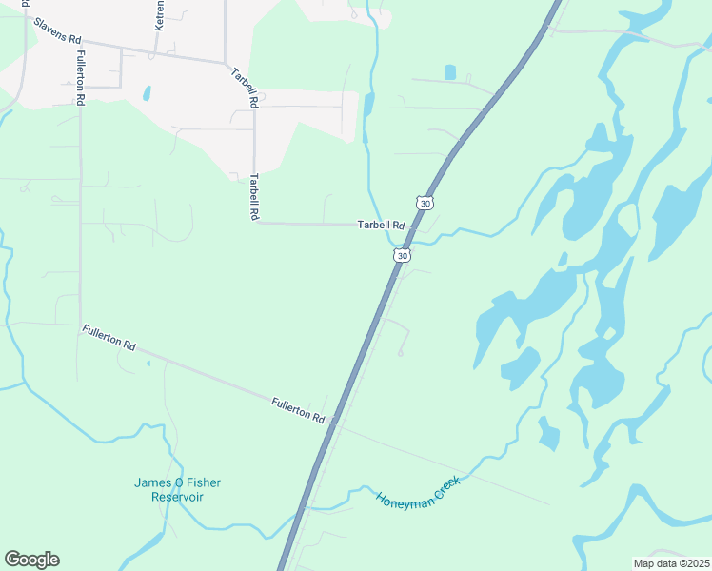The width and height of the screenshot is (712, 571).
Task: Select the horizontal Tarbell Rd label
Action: [x=382, y=226]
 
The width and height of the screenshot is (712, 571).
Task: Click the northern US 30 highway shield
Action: [x=425, y=203]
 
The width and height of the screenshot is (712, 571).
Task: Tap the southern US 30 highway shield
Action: [x=403, y=256]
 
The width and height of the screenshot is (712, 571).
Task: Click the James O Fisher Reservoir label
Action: [x=177, y=490]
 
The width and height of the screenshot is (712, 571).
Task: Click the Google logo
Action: [x=31, y=560]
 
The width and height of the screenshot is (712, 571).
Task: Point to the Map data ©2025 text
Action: [x=671, y=562]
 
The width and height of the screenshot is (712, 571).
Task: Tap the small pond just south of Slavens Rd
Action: [x=146, y=93]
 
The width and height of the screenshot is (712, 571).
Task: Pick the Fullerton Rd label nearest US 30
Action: [x=298, y=411]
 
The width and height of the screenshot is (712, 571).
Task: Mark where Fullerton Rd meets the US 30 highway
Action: [x=333, y=424]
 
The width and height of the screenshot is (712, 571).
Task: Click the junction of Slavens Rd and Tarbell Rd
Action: [x=227, y=63]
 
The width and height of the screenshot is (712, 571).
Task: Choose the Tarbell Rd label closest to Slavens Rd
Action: [x=244, y=87]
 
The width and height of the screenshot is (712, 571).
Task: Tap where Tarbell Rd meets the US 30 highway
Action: [x=410, y=226]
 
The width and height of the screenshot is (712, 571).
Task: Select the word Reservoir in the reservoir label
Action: [x=177, y=497]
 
